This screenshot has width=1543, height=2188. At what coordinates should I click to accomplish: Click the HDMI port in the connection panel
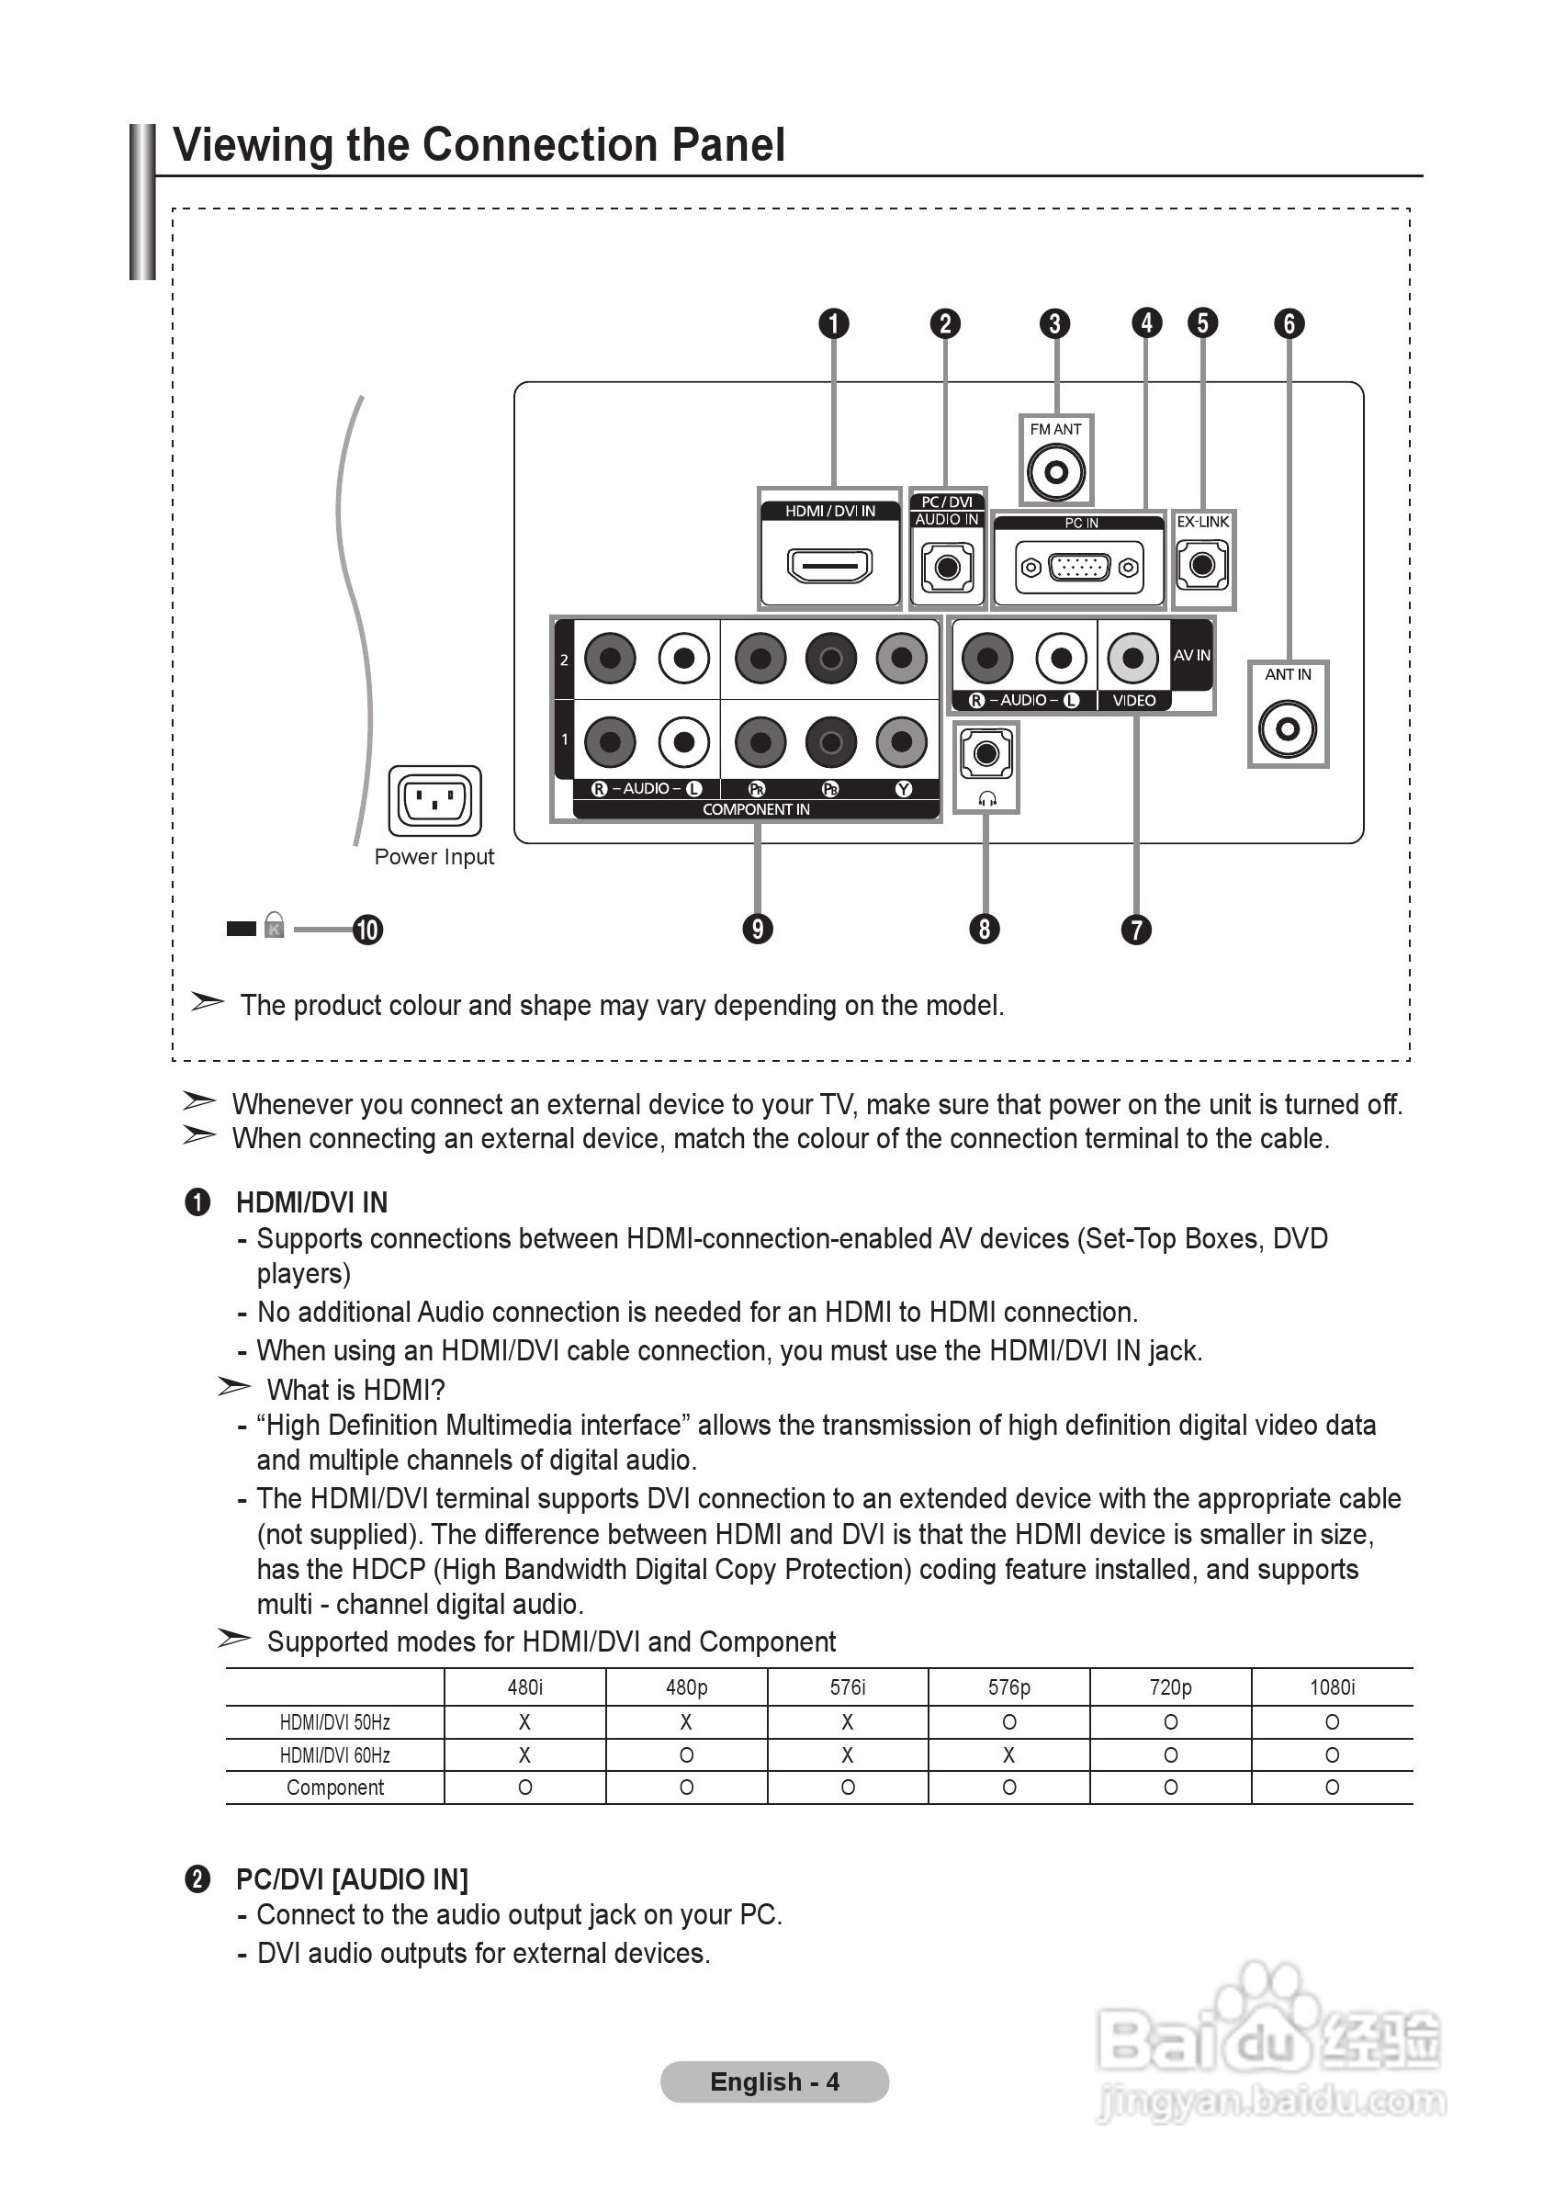point(829,565)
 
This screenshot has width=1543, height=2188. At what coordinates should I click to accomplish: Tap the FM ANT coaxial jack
point(1056,472)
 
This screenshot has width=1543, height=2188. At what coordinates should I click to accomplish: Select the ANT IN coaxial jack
point(1288,729)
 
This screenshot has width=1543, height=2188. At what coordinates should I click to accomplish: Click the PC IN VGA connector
point(1079,568)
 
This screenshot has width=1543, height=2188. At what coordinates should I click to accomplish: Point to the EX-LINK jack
point(1203,565)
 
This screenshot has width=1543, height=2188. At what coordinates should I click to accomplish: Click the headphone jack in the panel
point(986,754)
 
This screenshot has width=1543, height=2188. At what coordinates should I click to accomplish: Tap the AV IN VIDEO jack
point(1132,658)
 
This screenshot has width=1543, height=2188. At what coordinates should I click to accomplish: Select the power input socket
point(434,800)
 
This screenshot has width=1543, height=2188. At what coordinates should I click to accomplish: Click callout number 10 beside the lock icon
point(368,930)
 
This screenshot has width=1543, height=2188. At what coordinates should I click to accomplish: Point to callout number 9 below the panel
point(758,930)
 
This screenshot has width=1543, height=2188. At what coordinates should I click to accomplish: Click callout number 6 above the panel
point(1289,324)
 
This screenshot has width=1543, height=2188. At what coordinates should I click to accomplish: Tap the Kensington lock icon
point(275,925)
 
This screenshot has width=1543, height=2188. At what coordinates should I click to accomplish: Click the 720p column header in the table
point(1170,1686)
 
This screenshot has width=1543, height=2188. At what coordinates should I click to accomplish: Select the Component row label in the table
point(334,1788)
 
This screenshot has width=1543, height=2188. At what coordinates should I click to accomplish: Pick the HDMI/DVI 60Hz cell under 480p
point(686,1754)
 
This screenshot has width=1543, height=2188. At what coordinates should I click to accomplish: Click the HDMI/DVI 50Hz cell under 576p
point(1009,1722)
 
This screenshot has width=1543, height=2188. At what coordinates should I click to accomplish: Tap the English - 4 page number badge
point(774,2082)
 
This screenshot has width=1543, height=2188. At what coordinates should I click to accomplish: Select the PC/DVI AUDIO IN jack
point(947,567)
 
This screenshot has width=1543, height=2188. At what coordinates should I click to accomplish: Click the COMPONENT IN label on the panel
point(756,809)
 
